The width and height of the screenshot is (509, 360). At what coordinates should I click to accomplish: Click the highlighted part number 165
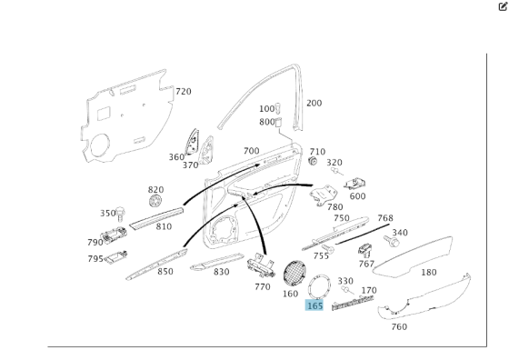(314, 305)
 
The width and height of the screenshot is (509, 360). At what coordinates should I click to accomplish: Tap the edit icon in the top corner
(503, 6)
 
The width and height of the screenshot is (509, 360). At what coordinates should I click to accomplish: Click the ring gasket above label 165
(319, 286)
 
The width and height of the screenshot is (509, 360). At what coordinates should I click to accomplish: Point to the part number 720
(184, 92)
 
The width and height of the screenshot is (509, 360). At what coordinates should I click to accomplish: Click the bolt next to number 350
(121, 214)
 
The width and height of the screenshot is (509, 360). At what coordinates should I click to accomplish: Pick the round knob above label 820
(155, 201)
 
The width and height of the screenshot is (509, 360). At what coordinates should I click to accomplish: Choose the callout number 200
(314, 104)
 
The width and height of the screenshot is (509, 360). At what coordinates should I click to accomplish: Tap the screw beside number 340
(392, 241)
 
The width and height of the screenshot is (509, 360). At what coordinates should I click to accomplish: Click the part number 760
(399, 326)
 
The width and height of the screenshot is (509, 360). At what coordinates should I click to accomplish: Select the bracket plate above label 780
(324, 195)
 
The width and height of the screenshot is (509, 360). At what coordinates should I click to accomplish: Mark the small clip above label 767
(365, 250)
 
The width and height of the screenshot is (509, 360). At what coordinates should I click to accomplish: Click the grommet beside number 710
(313, 161)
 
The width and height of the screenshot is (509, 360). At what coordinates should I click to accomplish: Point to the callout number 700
(251, 151)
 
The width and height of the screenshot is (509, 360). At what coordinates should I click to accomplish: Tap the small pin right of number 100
(277, 108)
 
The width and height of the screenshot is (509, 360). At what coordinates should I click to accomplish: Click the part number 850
(165, 272)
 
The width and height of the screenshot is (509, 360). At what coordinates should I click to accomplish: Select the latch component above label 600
(354, 184)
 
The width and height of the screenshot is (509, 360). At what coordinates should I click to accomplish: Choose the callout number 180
(429, 273)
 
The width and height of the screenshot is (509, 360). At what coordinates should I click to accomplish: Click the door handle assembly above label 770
(261, 265)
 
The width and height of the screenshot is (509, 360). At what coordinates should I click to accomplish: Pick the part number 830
(222, 272)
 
